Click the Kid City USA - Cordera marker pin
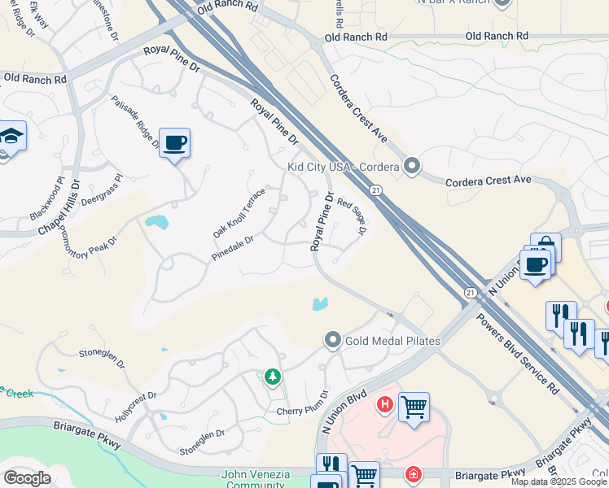tap(412, 167)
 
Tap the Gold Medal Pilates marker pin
tap(332, 340)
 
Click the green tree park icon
tap(272, 377)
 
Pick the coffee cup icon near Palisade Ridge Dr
tap(175, 143)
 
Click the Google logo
tap(27, 477)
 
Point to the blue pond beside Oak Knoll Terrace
tap(156, 221)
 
